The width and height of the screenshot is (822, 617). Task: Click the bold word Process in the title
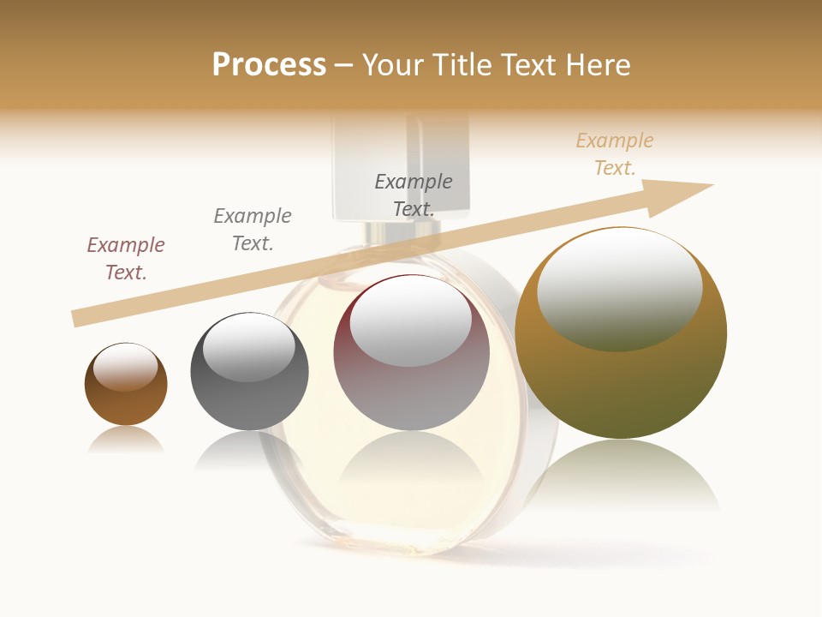[x=269, y=65]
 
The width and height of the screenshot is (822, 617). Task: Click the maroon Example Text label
[x=126, y=259]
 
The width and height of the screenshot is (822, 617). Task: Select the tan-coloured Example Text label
[x=615, y=154]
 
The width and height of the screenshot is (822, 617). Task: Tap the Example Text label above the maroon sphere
[x=414, y=195]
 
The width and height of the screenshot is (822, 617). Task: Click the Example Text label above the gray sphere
[x=253, y=229]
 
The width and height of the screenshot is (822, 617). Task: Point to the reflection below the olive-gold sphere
[x=621, y=476]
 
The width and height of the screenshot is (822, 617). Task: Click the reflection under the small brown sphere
[x=125, y=440]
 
